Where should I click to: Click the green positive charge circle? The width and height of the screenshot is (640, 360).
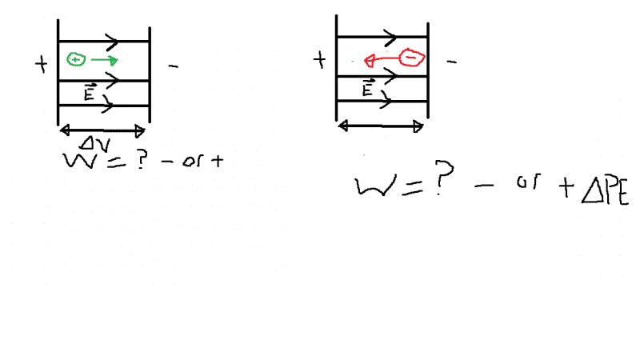click(75, 59)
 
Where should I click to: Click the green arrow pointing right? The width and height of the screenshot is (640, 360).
click(104, 61)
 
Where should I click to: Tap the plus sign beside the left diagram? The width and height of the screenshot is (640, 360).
click(42, 65)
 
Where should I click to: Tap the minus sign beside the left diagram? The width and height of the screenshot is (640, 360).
click(173, 66)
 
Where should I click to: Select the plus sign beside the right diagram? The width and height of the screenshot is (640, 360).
click(320, 60)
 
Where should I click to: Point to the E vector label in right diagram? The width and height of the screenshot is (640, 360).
click(369, 89)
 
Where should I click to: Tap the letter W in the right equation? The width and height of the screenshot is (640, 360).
click(374, 189)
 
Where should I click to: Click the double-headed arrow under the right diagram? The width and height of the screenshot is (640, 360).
click(381, 126)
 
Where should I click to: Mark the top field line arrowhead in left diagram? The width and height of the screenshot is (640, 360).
click(111, 41)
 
